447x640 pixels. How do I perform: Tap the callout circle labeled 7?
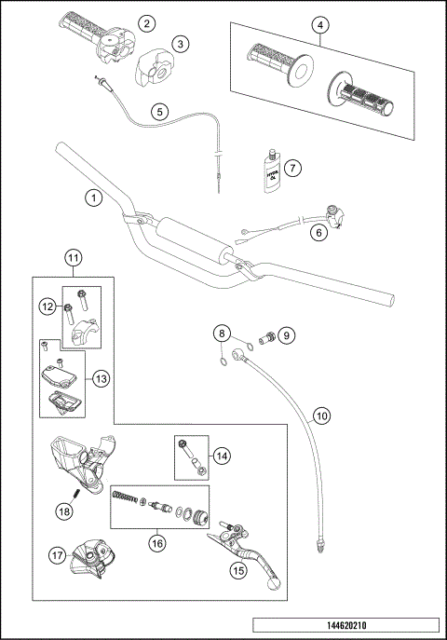click(292, 169)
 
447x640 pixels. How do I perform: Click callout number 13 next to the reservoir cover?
click(102, 378)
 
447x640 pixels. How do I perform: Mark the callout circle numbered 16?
click(158, 538)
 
